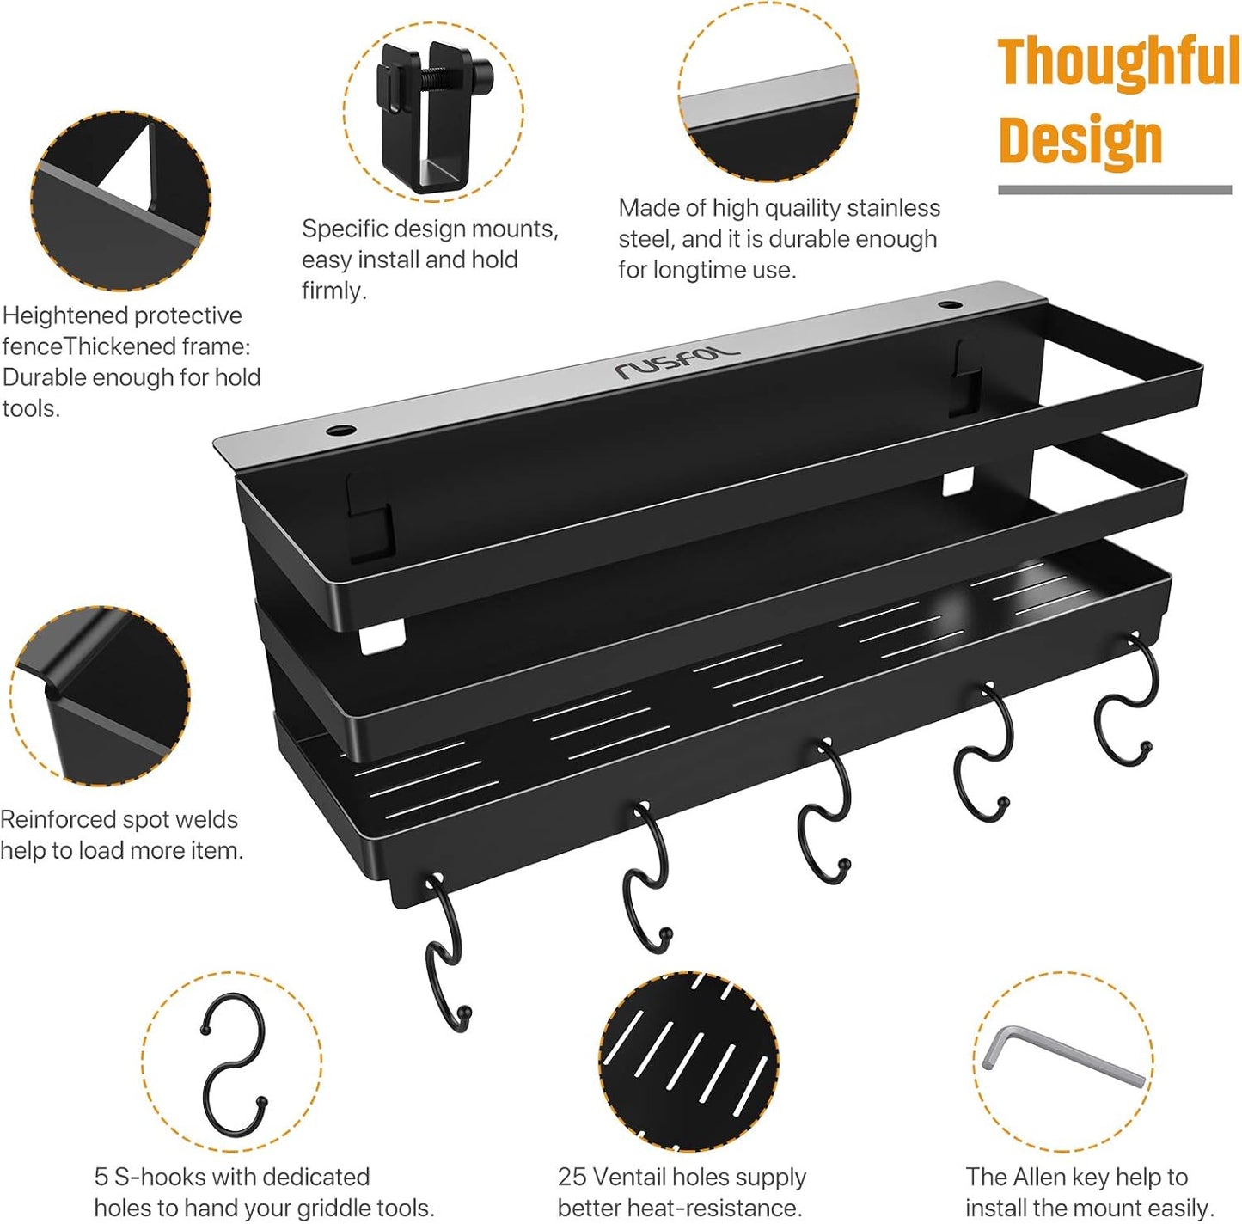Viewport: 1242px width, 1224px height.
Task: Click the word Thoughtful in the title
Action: point(1117,62)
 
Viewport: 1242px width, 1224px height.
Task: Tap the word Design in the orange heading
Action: point(1080,140)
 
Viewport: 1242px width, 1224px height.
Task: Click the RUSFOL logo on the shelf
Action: point(676,362)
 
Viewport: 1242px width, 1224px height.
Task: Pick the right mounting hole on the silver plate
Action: point(949,304)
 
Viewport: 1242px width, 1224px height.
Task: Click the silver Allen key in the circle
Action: point(1062,1056)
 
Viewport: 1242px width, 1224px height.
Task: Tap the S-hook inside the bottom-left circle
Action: point(232,1062)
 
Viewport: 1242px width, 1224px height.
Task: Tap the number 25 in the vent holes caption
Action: point(571,1177)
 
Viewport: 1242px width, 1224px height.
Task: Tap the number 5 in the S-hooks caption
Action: point(101,1177)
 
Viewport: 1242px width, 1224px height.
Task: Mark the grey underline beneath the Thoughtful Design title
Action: point(1114,190)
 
